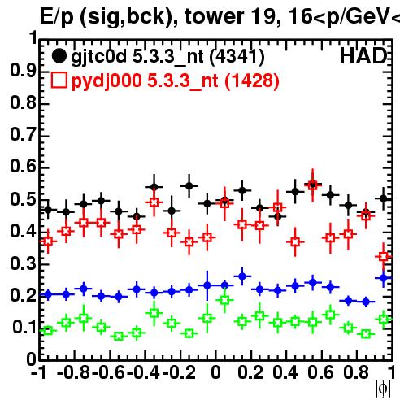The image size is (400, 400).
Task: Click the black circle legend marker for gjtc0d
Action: pos(59,56)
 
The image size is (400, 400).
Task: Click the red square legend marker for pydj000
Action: pos(59,80)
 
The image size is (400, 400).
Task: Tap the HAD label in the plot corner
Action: pos(363,56)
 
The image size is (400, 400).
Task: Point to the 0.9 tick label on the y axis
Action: pos(23,71)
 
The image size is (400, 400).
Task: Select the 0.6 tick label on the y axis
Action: pos(23,166)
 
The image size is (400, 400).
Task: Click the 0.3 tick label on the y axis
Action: pos(23,263)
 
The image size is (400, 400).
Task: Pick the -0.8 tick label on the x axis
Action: pos(74,372)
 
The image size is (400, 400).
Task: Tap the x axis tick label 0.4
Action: pos(285,372)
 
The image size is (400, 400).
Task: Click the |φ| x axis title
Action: pos(383,389)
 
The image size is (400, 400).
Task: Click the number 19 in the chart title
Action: pos(263,16)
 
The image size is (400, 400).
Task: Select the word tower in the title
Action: pos(214,17)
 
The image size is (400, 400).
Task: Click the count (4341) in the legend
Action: pos(237,57)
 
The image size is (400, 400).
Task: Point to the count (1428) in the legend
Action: pos(252,80)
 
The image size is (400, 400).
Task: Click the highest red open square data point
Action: pos(313,185)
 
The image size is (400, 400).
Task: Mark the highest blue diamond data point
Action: pos(242,276)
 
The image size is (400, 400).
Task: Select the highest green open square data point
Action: pos(224,300)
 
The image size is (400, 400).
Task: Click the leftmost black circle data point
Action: pos(48,210)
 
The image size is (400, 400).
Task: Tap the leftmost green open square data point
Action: pos(48,330)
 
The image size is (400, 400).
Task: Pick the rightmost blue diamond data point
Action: pos(384,278)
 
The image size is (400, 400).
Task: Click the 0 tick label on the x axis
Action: pos(215,372)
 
